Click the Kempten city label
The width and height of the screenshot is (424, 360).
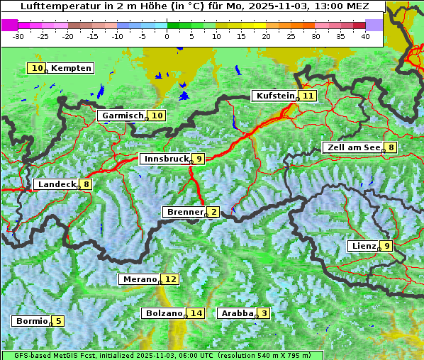click(71, 68)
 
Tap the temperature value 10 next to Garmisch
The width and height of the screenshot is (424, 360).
click(157, 116)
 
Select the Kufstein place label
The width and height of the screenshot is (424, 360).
click(274, 96)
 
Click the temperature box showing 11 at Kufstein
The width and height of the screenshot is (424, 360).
click(308, 96)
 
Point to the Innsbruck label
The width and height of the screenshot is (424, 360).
click(166, 159)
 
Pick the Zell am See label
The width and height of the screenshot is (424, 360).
click(352, 147)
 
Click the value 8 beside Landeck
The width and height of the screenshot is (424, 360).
click(87, 184)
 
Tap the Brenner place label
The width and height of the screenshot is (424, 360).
click(184, 212)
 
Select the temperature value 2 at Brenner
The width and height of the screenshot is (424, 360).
click(213, 212)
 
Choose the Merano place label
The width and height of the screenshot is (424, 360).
click(138, 279)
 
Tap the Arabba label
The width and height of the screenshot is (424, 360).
click(237, 313)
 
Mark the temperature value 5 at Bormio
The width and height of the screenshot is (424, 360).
click(58, 321)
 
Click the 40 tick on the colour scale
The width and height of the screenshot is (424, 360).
click(365, 36)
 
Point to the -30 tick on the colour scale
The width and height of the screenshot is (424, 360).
click(19, 36)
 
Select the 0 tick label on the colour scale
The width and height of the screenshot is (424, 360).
click(167, 36)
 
